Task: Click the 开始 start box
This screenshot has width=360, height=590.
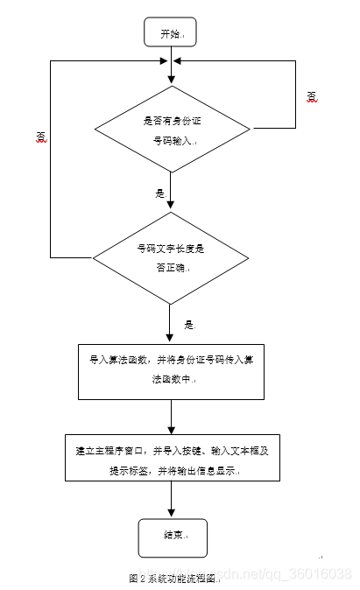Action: (170, 33)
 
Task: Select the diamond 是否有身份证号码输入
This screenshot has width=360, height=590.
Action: (170, 130)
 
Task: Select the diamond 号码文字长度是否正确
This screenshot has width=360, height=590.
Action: (170, 257)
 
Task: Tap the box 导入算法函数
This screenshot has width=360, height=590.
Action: (170, 370)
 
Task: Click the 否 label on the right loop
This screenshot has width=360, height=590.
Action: (312, 95)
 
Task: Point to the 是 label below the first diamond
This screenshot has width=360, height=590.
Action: (159, 193)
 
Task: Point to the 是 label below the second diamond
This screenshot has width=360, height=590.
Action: (188, 324)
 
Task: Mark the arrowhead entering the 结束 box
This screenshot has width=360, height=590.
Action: (170, 514)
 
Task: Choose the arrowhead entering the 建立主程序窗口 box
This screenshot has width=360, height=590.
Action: (170, 429)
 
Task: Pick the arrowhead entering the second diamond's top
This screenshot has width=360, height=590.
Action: (170, 207)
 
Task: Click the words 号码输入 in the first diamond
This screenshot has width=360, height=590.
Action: (170, 140)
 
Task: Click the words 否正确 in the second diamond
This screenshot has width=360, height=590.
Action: (170, 268)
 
